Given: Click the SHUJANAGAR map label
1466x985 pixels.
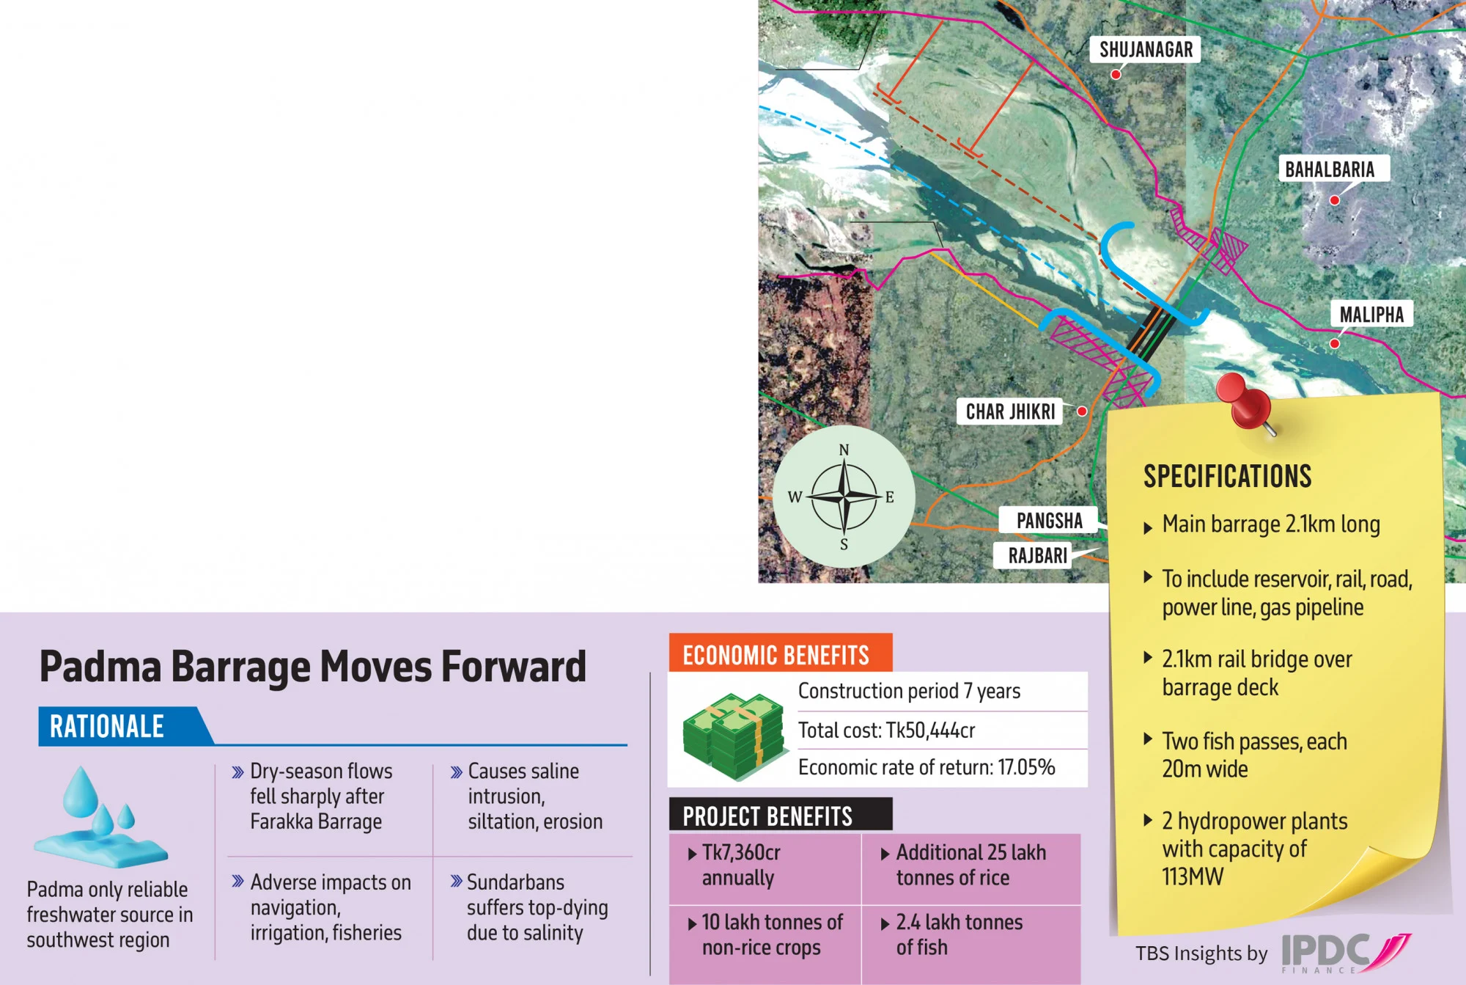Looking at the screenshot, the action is (1146, 50).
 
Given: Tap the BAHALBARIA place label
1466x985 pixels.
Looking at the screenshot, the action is (1330, 169).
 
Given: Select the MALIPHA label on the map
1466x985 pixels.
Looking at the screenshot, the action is (1371, 315).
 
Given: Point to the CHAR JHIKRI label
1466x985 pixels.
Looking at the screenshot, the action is (1010, 411).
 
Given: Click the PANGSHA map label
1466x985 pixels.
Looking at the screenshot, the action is (1049, 521).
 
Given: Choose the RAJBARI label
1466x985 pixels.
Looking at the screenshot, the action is (1037, 555).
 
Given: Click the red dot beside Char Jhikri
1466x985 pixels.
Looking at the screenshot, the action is (1082, 411).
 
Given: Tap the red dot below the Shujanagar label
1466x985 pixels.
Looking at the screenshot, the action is (1116, 74).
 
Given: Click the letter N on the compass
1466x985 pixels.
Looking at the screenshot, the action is (844, 450).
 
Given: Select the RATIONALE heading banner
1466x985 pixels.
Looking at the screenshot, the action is (125, 726).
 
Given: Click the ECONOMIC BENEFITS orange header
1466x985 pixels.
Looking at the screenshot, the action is (780, 653).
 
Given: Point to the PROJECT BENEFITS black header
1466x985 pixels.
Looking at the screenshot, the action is (780, 815).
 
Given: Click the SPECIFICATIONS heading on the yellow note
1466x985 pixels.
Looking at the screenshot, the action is (1227, 477).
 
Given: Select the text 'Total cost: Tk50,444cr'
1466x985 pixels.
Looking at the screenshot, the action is (886, 730).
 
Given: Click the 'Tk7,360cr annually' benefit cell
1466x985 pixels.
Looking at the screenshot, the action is (765, 868).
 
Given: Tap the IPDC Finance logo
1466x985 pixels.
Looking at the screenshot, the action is (1346, 953).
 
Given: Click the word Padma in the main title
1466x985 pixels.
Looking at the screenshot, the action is (100, 667).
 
